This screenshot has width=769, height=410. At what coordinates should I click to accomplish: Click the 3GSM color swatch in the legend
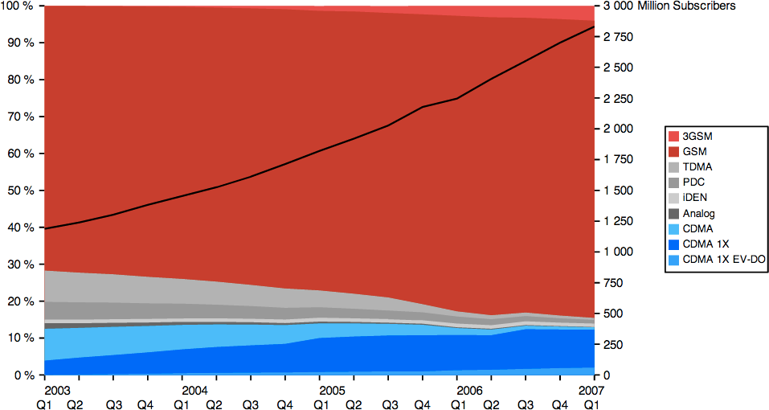674,136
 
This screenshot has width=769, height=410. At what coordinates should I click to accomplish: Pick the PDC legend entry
693,182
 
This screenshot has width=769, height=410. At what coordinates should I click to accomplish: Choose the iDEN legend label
694,198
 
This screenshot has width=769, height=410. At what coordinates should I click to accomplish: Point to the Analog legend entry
698,214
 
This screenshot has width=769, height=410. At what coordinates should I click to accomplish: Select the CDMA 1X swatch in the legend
674,244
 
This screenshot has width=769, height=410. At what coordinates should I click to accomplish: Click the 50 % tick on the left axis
17,191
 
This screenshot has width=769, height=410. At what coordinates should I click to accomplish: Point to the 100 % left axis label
17,6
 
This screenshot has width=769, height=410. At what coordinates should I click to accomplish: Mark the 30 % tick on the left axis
17,264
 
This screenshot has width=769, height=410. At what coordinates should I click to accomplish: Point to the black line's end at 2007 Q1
594,27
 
